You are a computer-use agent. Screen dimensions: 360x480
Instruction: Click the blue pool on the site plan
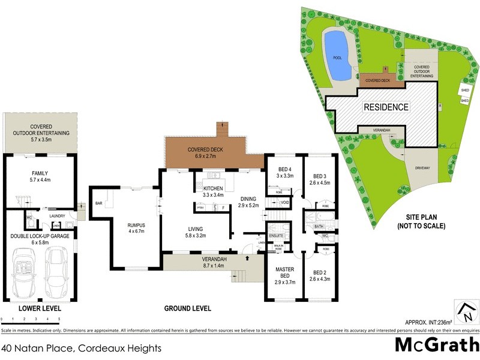pyautogui.click(x=337, y=56)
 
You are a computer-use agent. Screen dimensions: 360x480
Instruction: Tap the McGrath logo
pyautogui.click(x=436, y=346)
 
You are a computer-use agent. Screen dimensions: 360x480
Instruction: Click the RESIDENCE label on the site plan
pyautogui.click(x=386, y=107)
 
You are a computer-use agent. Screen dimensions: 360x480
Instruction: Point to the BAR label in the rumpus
pyautogui.click(x=99, y=203)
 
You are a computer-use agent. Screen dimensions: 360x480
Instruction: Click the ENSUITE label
pyautogui.click(x=277, y=227)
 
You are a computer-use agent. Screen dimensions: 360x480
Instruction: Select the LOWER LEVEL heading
pyautogui.click(x=38, y=308)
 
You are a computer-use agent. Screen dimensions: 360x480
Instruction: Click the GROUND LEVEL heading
pyautogui.click(x=188, y=308)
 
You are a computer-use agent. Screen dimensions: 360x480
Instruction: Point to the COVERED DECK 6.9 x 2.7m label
pyautogui.click(x=206, y=153)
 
